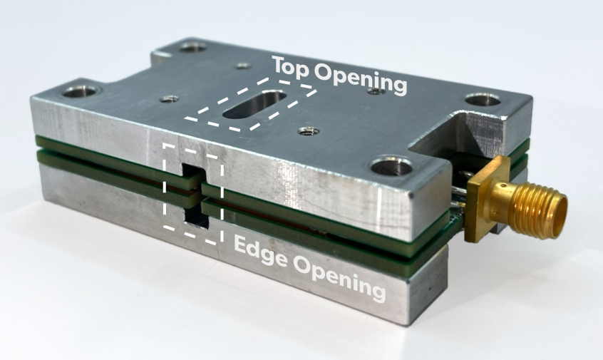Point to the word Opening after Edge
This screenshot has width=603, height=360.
pos(339,279)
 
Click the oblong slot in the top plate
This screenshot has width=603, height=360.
pos(254,104)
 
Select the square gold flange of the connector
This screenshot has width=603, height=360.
pos(488,199)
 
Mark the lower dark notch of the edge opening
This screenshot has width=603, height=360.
pos(197,218)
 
